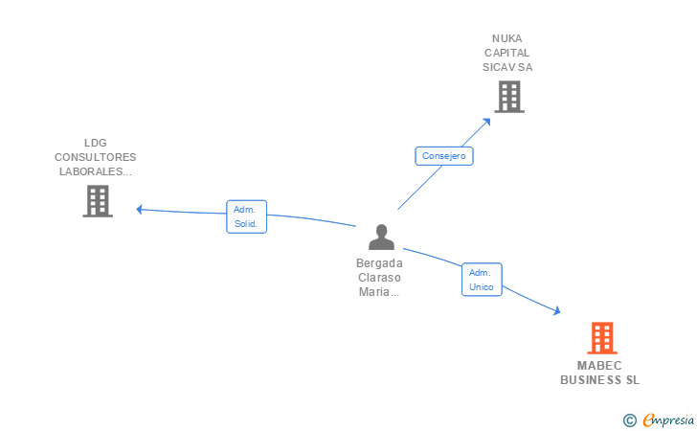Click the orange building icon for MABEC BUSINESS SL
pyautogui.click(x=602, y=337)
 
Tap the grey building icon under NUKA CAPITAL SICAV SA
pyautogui.click(x=509, y=97)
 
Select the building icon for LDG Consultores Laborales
pyautogui.click(x=98, y=201)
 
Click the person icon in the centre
pyautogui.click(x=381, y=238)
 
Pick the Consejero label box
pyautogui.click(x=444, y=156)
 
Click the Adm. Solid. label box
pyautogui.click(x=246, y=216)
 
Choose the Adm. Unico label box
pyautogui.click(x=482, y=280)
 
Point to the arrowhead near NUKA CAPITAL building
pyautogui.click(x=487, y=122)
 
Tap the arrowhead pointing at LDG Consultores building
pyautogui.click(x=139, y=209)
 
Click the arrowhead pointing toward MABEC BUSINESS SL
pyautogui.click(x=556, y=310)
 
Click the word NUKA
pyautogui.click(x=506, y=38)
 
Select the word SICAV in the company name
pyautogui.click(x=498, y=67)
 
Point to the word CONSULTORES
pyautogui.click(x=96, y=157)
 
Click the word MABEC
pyautogui.click(x=599, y=366)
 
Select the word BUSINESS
pyautogui.click(x=591, y=380)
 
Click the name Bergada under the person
pyautogui.click(x=379, y=263)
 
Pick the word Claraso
pyautogui.click(x=379, y=278)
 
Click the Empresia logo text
pyautogui.click(x=668, y=420)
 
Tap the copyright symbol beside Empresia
pyautogui.click(x=629, y=420)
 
